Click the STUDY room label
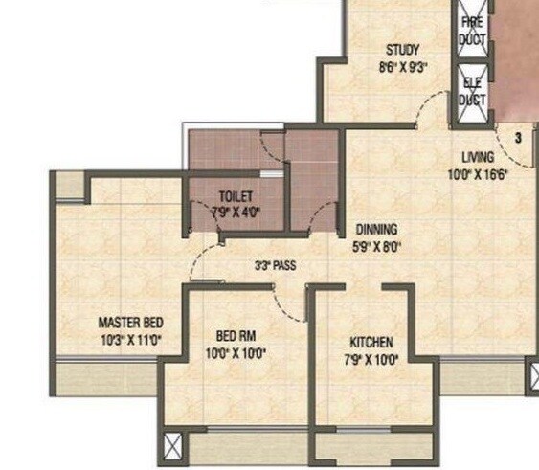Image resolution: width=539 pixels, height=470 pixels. click(x=403, y=50)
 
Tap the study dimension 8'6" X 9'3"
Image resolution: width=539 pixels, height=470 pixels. click(x=403, y=67)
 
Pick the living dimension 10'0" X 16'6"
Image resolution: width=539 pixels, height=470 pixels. click(x=477, y=174)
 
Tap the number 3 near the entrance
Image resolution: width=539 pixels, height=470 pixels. click(x=518, y=138)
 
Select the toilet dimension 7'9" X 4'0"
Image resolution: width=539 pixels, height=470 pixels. click(x=235, y=213)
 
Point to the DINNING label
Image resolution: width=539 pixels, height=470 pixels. click(x=376, y=230)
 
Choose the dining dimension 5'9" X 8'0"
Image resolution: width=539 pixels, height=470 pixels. click(x=376, y=246)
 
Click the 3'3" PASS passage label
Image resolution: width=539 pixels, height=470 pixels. click(x=275, y=266)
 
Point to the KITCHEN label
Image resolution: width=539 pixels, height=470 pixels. click(x=371, y=342)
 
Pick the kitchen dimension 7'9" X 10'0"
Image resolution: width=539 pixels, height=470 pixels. click(x=371, y=359)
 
